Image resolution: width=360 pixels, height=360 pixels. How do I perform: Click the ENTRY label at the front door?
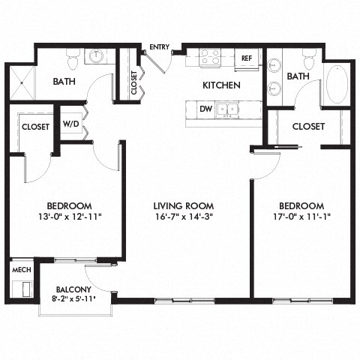(159, 47)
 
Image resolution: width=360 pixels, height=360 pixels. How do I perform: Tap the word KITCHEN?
(221, 85)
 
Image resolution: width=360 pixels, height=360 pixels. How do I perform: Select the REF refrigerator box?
(245, 58)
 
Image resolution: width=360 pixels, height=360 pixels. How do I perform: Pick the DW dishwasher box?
(205, 109)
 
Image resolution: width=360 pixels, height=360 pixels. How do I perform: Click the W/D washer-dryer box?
(71, 123)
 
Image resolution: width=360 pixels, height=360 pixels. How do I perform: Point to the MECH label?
(19, 268)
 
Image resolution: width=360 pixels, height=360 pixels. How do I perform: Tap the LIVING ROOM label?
(184, 205)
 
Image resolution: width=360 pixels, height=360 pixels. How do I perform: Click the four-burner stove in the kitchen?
(209, 57)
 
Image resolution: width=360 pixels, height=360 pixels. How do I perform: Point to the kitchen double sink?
(228, 109)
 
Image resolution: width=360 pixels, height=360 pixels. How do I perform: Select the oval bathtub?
(337, 85)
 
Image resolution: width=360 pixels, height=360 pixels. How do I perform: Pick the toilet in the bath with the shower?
(73, 57)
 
